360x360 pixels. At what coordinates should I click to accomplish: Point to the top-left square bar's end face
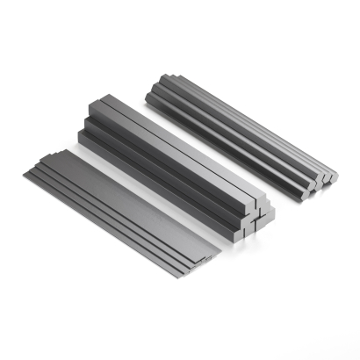(243, 205)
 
